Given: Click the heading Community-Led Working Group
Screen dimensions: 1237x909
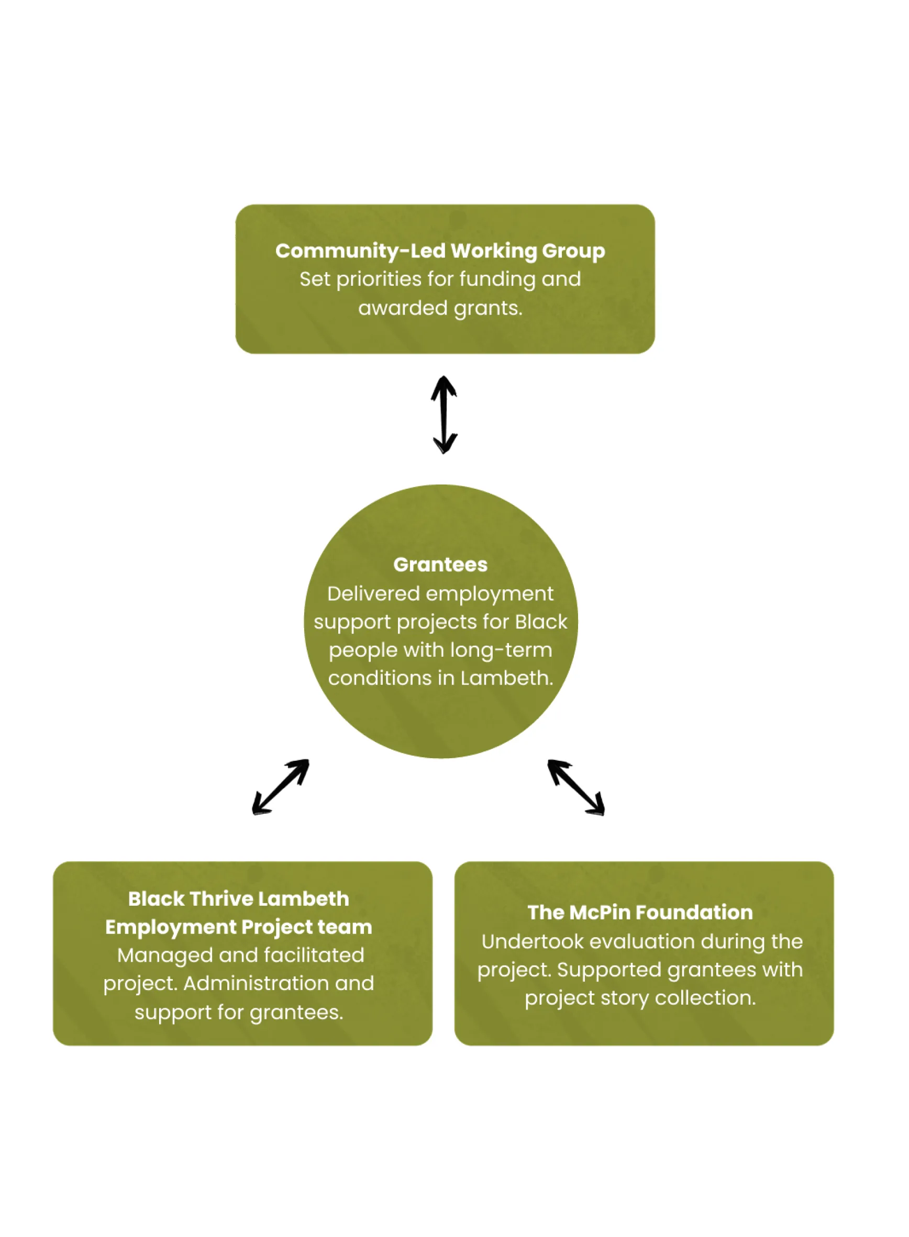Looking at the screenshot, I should click(x=440, y=251).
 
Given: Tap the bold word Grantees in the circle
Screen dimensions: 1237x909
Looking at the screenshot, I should click(x=440, y=565).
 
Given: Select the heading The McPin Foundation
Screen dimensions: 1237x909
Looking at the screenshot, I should click(x=640, y=912).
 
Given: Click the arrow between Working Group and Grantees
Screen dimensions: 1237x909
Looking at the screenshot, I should click(x=444, y=414).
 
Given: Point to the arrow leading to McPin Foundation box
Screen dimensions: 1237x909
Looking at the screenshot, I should click(x=575, y=787).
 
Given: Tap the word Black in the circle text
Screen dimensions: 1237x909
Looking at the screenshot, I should click(x=541, y=622).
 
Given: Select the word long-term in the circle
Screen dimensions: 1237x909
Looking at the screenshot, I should click(x=501, y=650).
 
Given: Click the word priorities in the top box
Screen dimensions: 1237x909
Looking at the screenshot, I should click(x=379, y=280).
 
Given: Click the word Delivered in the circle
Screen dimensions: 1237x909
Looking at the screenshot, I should click(x=374, y=594).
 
